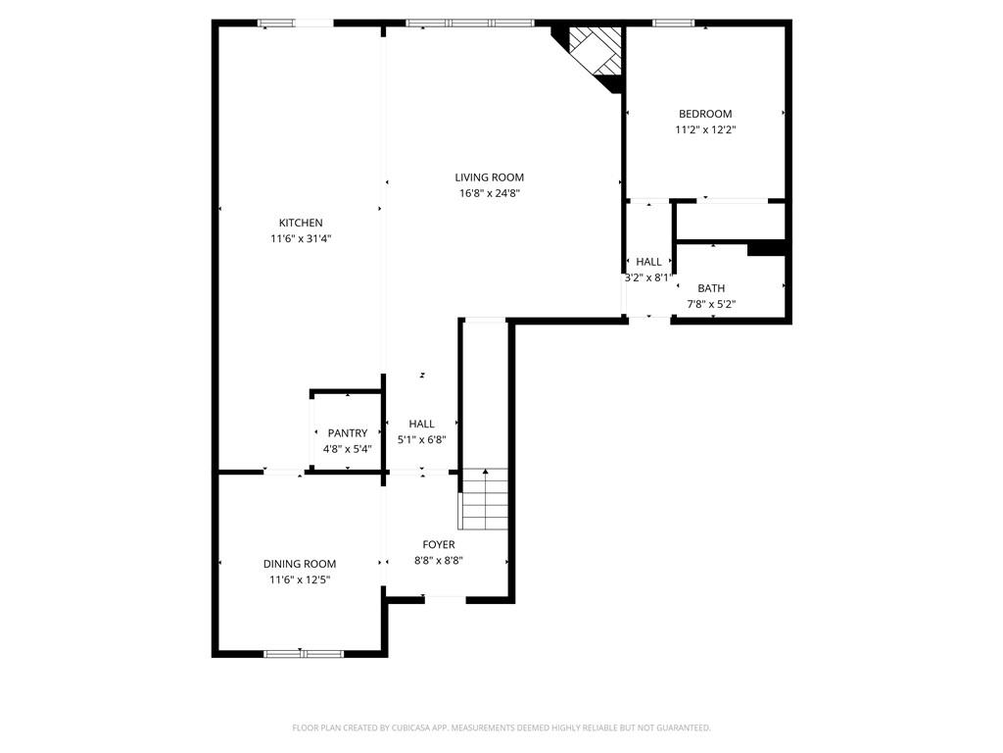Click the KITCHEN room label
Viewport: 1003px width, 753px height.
coord(301,223)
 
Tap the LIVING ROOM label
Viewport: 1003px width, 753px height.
coord(490,177)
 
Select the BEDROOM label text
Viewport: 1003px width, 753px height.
coord(705,114)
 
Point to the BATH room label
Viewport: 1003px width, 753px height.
coord(711,289)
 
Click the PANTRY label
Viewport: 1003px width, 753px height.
coord(348,433)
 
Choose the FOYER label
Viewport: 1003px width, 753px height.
coord(439,545)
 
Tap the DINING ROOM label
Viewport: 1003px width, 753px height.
coord(300,564)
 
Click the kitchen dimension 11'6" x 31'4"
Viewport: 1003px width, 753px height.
coord(301,239)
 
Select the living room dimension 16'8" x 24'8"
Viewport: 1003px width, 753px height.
coord(490,193)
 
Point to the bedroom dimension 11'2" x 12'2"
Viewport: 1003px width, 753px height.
coord(705,130)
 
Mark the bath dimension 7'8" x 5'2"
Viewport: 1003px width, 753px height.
coord(711,305)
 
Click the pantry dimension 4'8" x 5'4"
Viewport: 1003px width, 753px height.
coord(348,449)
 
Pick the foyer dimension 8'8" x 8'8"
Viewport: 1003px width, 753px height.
coord(439,561)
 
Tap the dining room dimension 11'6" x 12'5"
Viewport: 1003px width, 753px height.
coord(300,580)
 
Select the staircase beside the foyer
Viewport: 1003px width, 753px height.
coord(485,499)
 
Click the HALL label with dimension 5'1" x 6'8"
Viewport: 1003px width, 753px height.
coord(421,424)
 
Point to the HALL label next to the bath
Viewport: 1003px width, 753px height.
coord(648,262)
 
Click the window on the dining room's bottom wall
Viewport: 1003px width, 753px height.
coord(304,654)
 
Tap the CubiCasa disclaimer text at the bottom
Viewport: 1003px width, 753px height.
coord(501,728)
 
